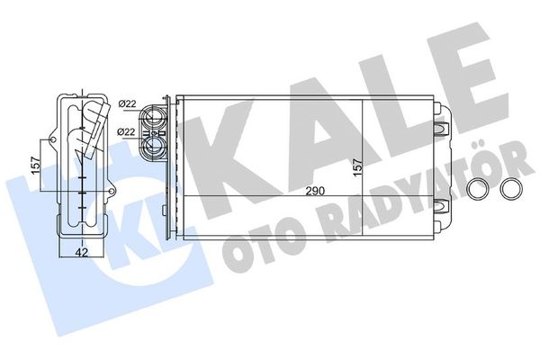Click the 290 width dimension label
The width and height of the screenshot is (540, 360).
coord(312,192)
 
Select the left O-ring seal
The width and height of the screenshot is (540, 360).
coord(479,190)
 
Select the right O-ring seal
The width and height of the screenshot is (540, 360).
coord(511,190)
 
